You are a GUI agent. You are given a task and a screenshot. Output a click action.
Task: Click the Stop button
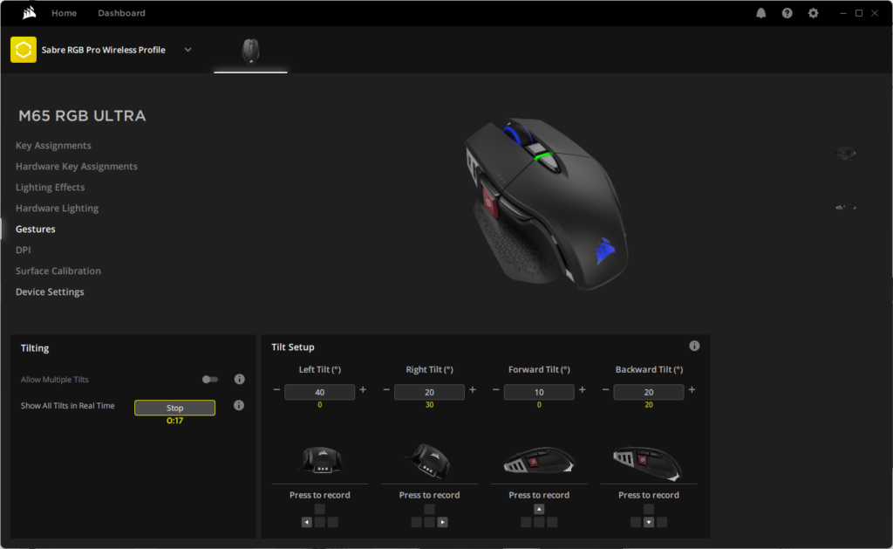click(174, 408)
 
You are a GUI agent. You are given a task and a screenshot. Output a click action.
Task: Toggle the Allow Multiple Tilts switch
click(209, 380)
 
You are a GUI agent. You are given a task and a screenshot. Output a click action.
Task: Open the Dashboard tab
click(121, 13)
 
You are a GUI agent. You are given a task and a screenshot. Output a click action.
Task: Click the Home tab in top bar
click(64, 13)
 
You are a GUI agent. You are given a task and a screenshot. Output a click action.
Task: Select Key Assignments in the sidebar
click(53, 146)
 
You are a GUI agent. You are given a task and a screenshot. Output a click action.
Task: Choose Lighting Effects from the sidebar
click(50, 187)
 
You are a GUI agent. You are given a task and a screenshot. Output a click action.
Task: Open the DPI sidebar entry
click(24, 250)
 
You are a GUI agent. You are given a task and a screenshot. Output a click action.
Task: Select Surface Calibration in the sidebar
click(58, 271)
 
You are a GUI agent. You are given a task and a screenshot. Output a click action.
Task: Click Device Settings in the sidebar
click(50, 292)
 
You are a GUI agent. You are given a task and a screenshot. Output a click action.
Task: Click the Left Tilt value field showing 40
click(319, 392)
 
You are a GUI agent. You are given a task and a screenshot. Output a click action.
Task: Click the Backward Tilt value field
click(649, 392)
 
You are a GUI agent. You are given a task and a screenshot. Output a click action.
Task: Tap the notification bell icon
click(760, 13)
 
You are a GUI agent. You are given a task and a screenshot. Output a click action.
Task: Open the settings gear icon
click(814, 13)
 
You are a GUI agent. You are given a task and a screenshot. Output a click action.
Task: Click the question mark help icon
click(787, 13)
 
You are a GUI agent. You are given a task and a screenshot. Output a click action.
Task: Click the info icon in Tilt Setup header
click(694, 346)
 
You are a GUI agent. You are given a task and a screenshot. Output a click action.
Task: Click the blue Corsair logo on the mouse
click(605, 251)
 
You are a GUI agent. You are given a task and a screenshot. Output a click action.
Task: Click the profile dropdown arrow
click(188, 50)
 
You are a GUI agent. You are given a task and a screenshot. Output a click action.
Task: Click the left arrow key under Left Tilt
click(306, 522)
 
